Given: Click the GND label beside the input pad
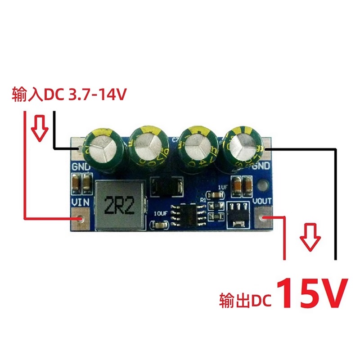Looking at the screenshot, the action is (x=81, y=167).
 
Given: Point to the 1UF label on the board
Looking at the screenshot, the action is (x=223, y=186).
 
